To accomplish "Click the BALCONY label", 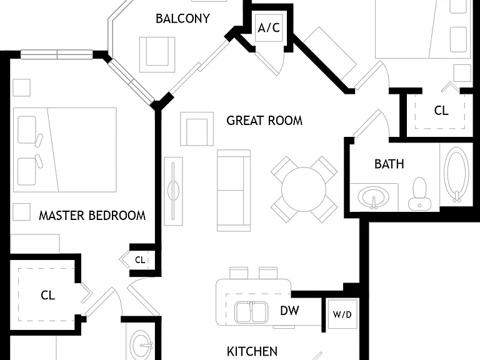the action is click(182, 19).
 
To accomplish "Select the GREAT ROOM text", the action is click(264, 121).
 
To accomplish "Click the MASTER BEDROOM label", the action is click(92, 216).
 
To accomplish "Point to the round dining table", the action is click(304, 189).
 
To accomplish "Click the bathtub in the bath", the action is click(456, 175).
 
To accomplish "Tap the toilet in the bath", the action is click(419, 194).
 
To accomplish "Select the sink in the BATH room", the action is click(374, 197).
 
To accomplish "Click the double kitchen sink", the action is click(251, 312).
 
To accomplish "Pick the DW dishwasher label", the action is click(289, 311).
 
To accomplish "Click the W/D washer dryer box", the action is click(342, 314).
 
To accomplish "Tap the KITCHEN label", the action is click(252, 351).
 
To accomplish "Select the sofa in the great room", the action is click(234, 191).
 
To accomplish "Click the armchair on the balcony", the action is click(157, 54).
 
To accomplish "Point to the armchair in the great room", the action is click(197, 129).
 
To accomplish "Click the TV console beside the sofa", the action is click(173, 191).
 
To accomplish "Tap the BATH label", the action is click(389, 164).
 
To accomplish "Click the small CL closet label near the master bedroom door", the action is click(140, 260).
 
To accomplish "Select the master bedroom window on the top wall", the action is click(57, 54).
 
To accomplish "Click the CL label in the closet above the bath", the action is click(441, 111).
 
